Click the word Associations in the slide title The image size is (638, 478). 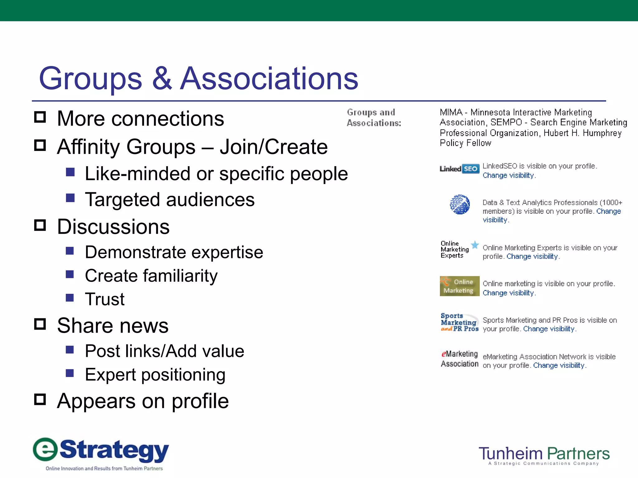pos(269,78)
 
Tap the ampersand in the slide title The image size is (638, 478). pos(162,78)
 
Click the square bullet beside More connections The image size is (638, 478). pos(40,117)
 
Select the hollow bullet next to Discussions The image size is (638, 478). pos(40,225)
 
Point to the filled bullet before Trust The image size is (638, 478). pos(70,298)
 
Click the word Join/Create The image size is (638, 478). pos(274,147)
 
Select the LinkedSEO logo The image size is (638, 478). pos(459,169)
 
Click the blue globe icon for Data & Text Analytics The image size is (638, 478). pos(460,204)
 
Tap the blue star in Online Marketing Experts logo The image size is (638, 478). pos(475,245)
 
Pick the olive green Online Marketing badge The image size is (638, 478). pos(459,286)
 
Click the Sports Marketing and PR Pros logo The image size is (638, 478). pos(459,322)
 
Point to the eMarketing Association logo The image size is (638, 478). pos(459,359)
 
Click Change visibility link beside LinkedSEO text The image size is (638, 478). pos(508,176)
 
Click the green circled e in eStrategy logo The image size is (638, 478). pos(45,449)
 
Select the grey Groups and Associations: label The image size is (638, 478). pos(374,118)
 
